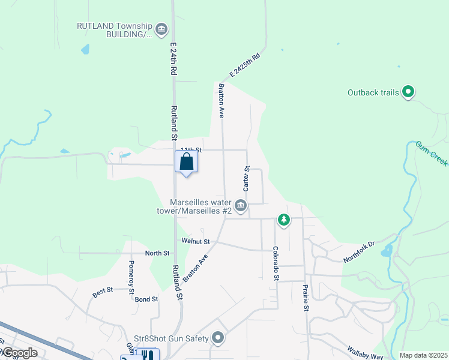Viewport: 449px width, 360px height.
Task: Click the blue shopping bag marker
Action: tap(186, 162)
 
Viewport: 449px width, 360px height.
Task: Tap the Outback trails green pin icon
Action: tap(409, 92)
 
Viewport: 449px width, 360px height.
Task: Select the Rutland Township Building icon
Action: tap(161, 29)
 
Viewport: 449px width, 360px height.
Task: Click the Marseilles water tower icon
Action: tap(240, 206)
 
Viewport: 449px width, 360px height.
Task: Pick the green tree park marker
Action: tap(284, 220)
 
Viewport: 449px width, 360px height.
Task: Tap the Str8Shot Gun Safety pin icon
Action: tap(218, 339)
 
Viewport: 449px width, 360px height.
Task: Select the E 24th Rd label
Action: tap(173, 58)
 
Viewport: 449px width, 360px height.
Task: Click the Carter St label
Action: tap(247, 179)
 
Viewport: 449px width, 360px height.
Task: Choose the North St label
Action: tap(157, 253)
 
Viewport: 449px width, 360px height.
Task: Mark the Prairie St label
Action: tap(306, 298)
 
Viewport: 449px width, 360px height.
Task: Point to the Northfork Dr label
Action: tap(359, 251)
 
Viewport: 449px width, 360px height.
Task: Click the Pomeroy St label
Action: tap(131, 277)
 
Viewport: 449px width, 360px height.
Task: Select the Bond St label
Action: tap(146, 299)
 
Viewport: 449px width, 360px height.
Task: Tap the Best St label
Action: tap(103, 293)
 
